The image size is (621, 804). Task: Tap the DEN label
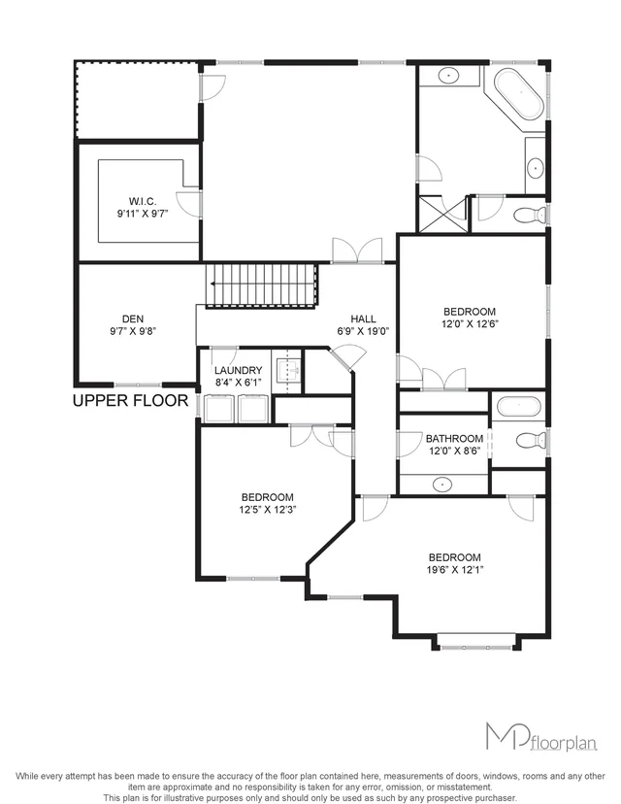[133, 318]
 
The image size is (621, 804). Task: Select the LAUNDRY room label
[238, 370]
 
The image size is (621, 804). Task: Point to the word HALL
[363, 318]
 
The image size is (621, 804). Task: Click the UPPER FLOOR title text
[131, 399]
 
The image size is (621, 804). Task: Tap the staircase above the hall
[262, 285]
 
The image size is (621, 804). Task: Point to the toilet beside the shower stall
[529, 214]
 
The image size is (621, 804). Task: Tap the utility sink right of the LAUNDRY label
[287, 368]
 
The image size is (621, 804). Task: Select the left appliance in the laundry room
[222, 408]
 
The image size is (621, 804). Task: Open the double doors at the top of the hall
[349, 251]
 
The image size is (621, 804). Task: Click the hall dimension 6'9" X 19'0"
[363, 330]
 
